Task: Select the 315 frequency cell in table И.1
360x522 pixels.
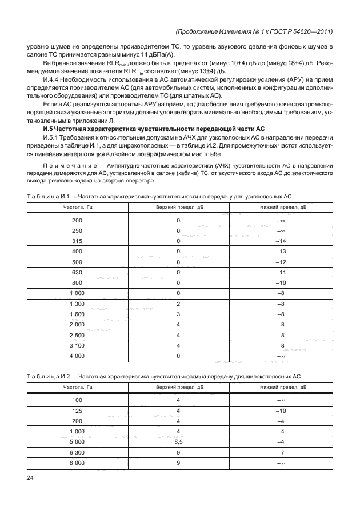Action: (77, 241)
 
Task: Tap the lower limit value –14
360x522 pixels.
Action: (281, 241)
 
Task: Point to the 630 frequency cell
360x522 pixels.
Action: (77, 272)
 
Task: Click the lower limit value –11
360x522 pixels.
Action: (281, 272)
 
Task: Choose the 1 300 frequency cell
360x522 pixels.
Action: (77, 304)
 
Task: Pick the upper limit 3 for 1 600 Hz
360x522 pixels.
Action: (178, 314)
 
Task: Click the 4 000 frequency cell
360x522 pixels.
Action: (77, 356)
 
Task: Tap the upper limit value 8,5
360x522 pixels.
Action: (178, 441)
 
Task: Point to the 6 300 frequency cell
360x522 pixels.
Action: (77, 452)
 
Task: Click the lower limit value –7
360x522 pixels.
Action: (281, 452)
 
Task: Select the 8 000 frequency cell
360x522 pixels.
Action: (77, 462)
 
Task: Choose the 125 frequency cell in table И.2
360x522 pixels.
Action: (77, 410)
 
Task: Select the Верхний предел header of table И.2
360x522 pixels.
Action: (178, 387)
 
